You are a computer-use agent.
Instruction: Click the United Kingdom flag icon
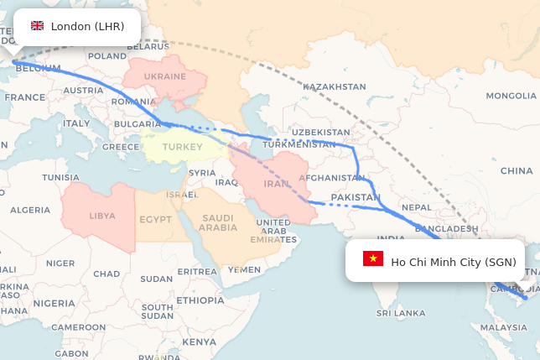tap(37, 26)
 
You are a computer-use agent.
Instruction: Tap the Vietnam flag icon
tap(373, 258)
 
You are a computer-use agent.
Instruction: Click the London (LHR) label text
tap(87, 26)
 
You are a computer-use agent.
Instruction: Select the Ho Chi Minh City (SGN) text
tap(454, 262)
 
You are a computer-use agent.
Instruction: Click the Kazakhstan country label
tap(335, 86)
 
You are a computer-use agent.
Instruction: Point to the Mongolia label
tap(511, 96)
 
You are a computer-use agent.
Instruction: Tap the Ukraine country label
tap(165, 76)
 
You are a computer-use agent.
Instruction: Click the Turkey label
tap(182, 147)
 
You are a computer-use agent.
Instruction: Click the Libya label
tap(102, 215)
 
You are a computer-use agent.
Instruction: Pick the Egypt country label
tap(155, 220)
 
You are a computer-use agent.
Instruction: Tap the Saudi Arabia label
tap(219, 222)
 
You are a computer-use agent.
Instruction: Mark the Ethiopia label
tap(200, 300)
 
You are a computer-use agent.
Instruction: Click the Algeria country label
tap(29, 210)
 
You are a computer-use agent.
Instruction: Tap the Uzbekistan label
tap(321, 133)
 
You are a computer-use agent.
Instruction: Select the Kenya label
tap(199, 342)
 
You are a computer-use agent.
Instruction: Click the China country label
tap(517, 170)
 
